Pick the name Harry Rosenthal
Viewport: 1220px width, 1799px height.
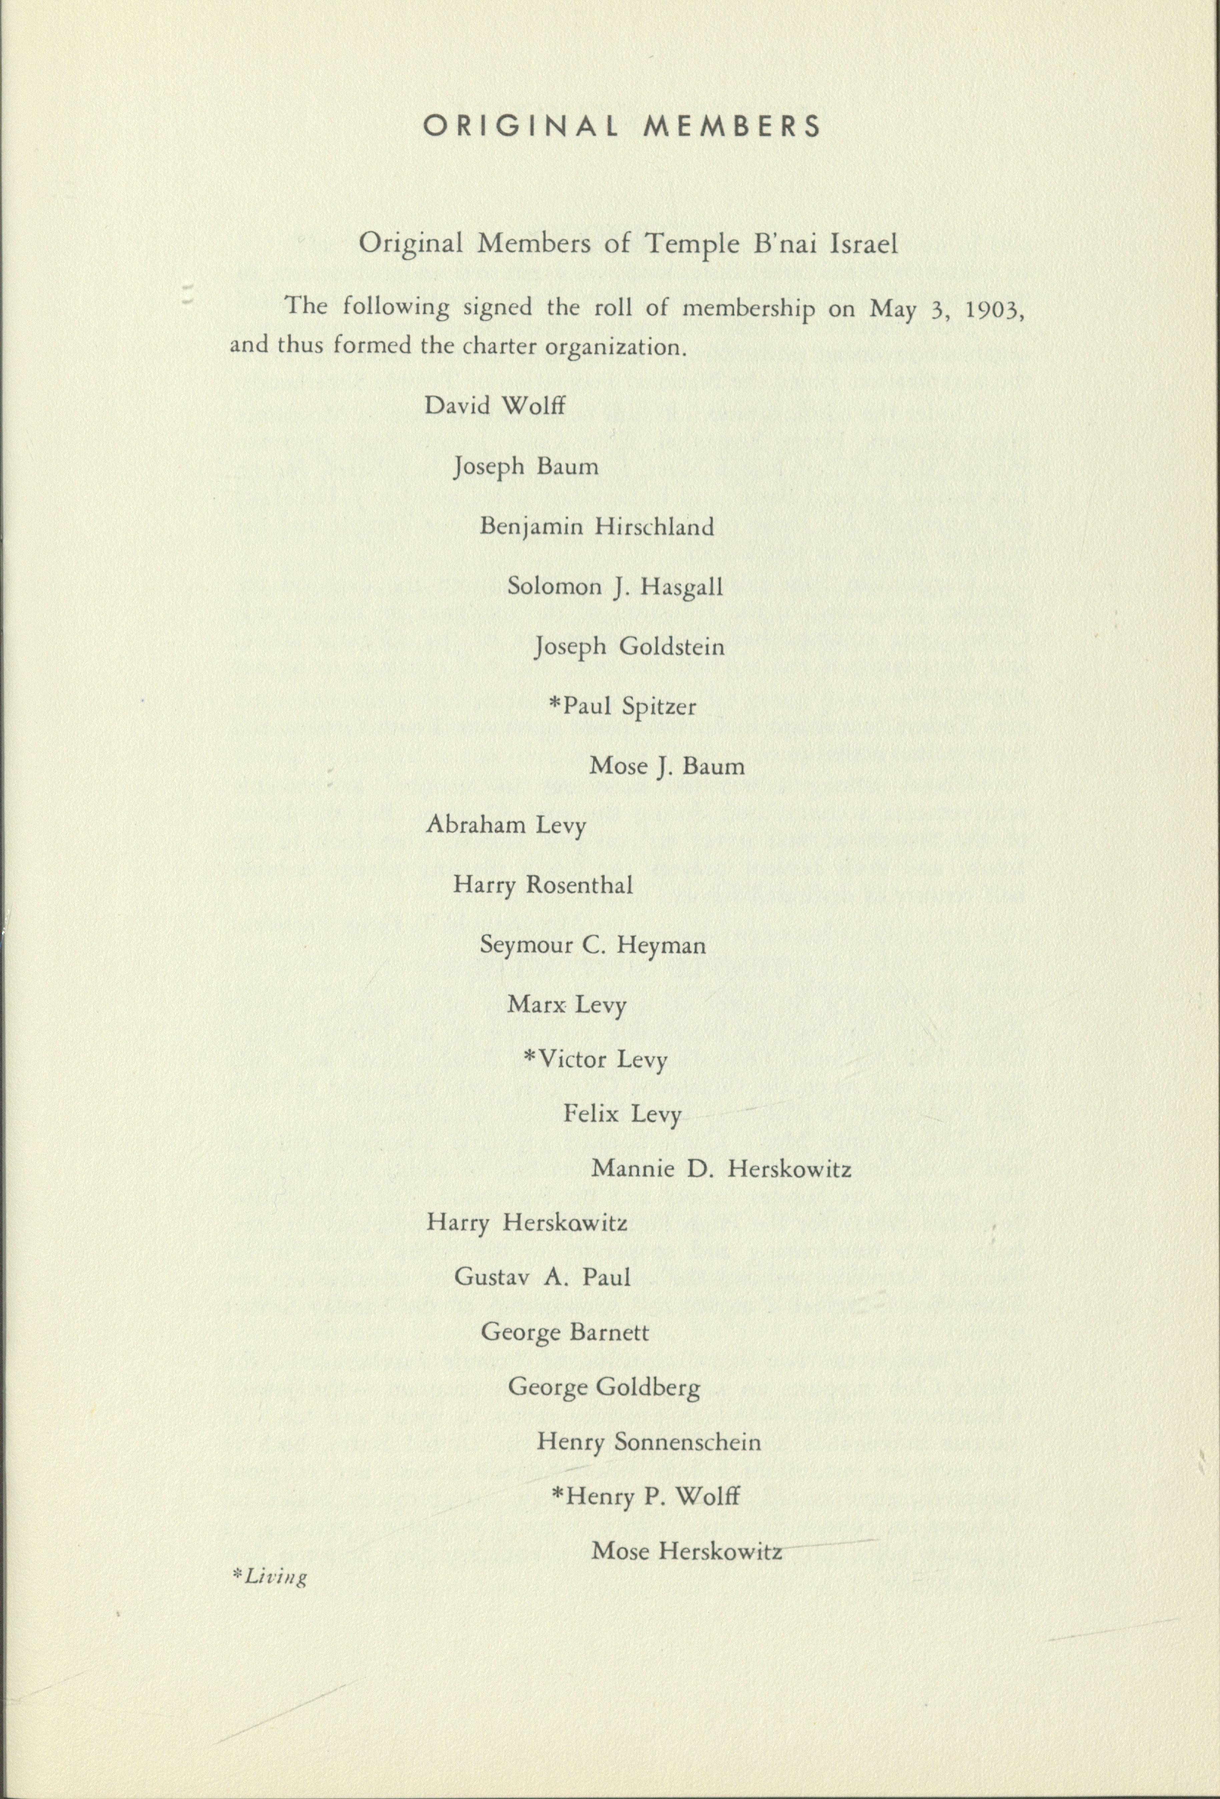coord(543,885)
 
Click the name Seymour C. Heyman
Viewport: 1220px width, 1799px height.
coord(593,945)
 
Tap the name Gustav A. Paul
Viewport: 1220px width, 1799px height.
coord(543,1277)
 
